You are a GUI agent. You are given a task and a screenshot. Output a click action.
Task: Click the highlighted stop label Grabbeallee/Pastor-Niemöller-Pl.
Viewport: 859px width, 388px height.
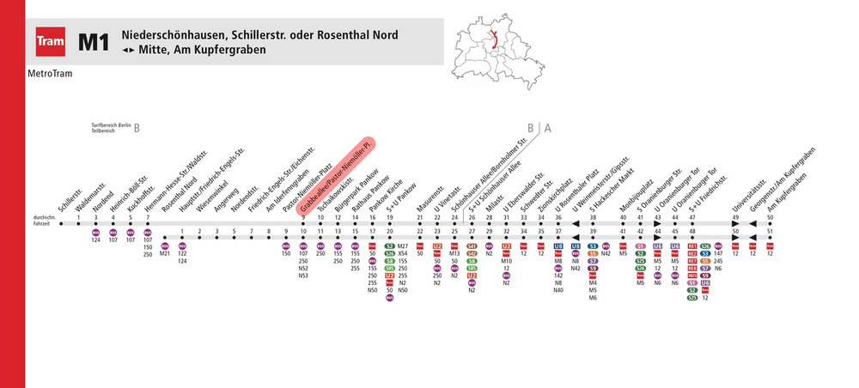pyautogui.click(x=336, y=175)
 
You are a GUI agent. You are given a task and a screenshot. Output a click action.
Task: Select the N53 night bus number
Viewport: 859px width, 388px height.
pyautogui.click(x=303, y=276)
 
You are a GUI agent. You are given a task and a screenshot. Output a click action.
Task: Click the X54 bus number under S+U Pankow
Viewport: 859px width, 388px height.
pyautogui.click(x=403, y=253)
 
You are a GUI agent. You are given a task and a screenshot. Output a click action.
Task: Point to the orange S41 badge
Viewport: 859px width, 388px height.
pyautogui.click(x=472, y=246)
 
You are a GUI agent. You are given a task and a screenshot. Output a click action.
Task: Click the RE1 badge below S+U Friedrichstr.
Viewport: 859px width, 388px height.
pyautogui.click(x=692, y=246)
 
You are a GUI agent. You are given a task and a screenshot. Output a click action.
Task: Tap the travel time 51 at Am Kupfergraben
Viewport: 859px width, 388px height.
pyautogui.click(x=771, y=231)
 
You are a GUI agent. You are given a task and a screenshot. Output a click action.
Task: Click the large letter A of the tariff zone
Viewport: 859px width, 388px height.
pyautogui.click(x=548, y=129)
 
